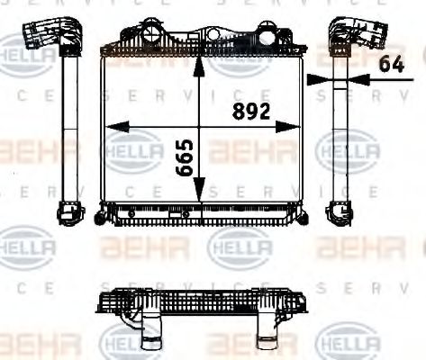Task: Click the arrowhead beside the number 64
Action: pyautogui.click(x=316, y=79)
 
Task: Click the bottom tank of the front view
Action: pyautogui.click(x=200, y=213)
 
